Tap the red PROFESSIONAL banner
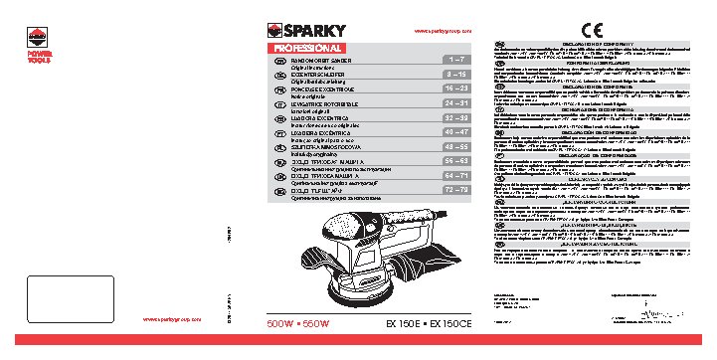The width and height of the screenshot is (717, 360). pos(308,47)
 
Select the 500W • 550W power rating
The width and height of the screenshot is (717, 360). pos(298,325)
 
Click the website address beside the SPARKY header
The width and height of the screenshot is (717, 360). pos(435,31)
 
